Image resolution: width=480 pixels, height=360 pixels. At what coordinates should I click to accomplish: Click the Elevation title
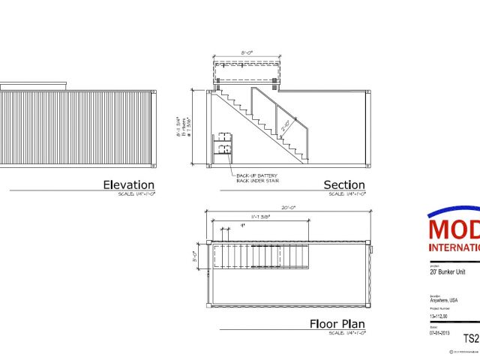coord(128,184)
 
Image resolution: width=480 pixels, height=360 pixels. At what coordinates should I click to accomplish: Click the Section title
coord(344,184)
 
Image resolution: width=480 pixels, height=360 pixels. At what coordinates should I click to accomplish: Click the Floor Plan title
coord(337,325)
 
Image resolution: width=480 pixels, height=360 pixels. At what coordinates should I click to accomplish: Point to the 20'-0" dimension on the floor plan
coord(289,208)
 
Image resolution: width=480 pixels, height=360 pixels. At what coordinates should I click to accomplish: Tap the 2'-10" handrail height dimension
coord(286,127)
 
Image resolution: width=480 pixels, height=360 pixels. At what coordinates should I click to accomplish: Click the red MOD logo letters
coord(454,228)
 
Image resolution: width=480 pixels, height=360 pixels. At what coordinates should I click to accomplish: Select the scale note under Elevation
coord(139,193)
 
